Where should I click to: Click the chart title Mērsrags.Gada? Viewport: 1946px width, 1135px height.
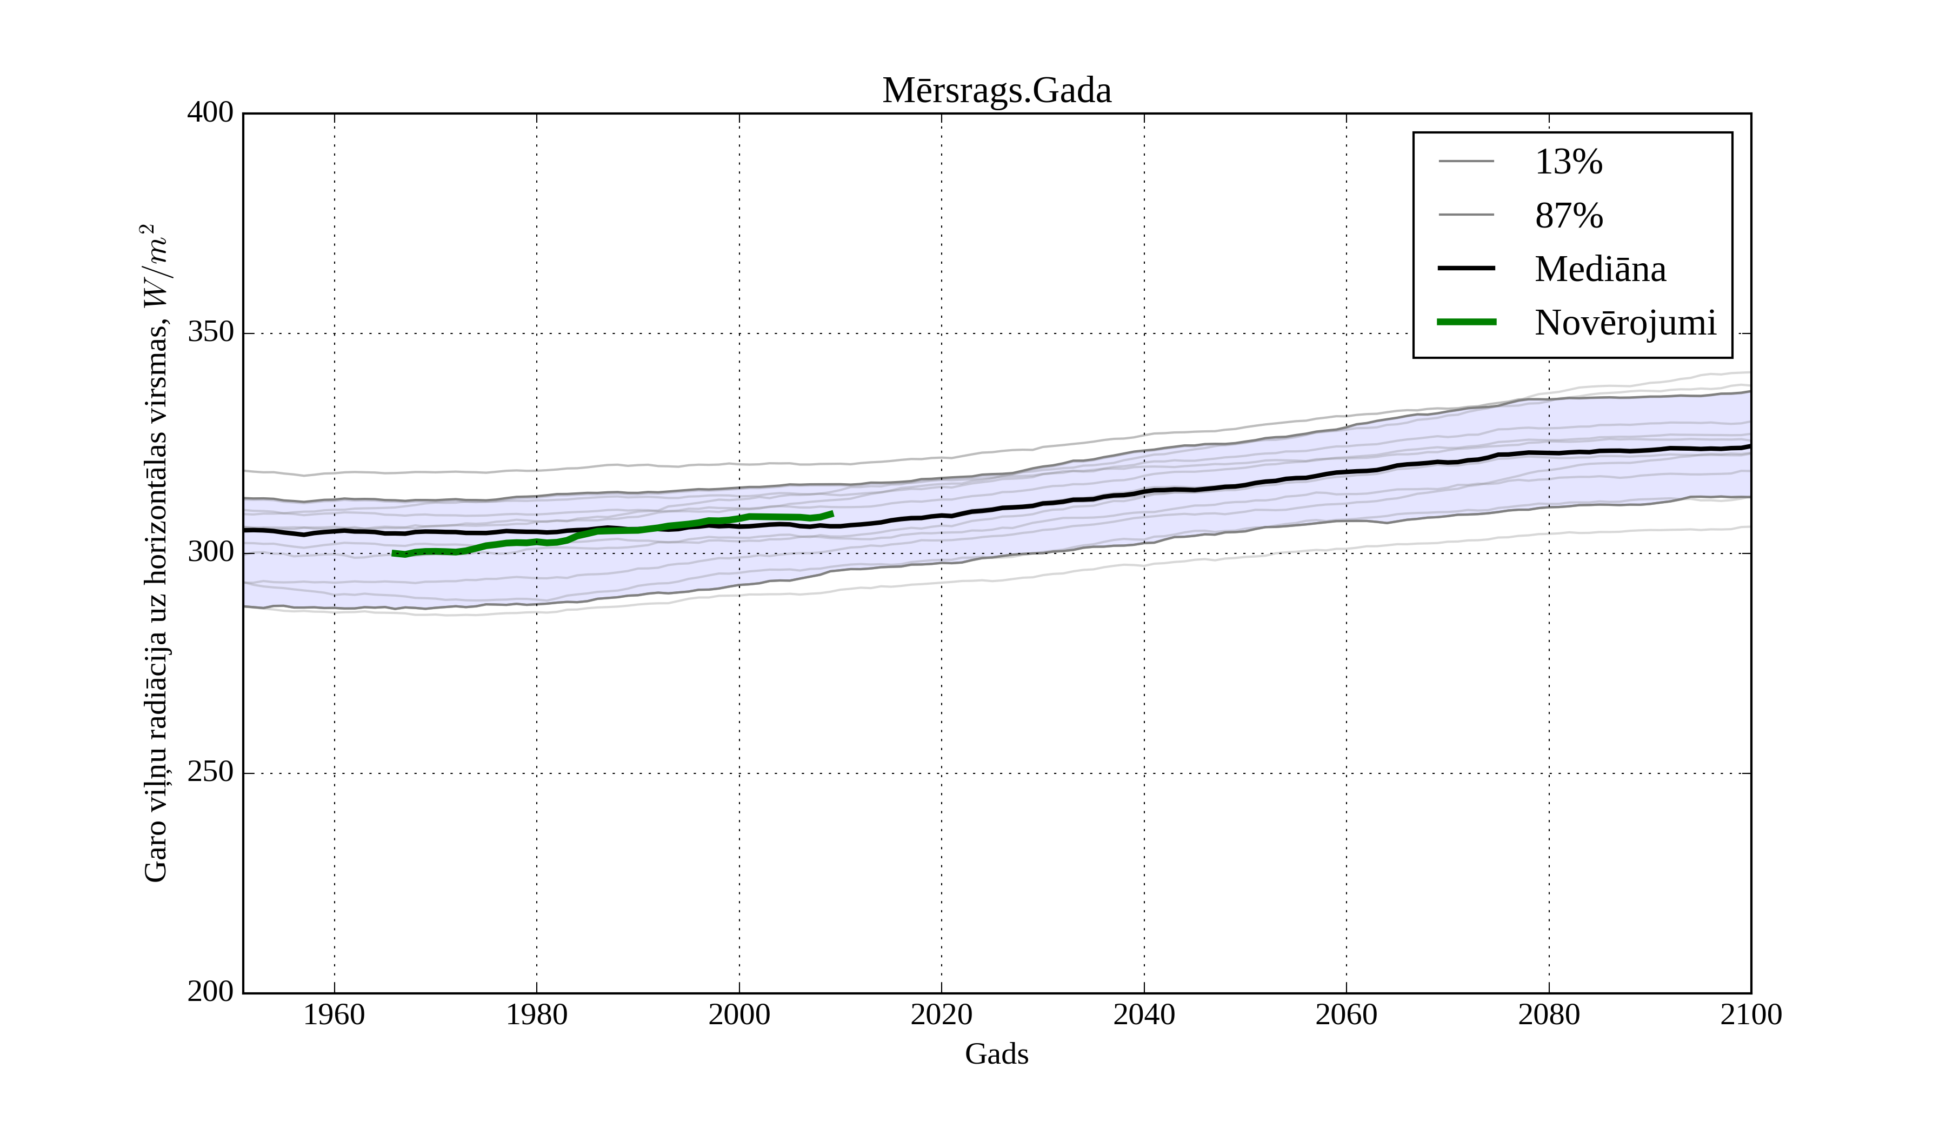click(x=996, y=91)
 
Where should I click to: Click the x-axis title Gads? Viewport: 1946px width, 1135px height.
click(x=996, y=1054)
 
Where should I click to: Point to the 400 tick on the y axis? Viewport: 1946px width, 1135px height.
click(x=210, y=113)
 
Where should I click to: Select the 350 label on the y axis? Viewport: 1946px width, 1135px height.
click(x=210, y=333)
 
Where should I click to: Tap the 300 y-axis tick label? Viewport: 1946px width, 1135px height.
click(x=210, y=553)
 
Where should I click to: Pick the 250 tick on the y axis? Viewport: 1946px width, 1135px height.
click(x=210, y=772)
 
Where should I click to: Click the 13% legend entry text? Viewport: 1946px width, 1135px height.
click(x=1568, y=162)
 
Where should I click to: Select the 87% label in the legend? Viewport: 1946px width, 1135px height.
click(x=1568, y=216)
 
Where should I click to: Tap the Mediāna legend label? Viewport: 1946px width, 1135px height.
click(x=1600, y=270)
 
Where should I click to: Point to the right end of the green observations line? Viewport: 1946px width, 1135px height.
click(x=832, y=513)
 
